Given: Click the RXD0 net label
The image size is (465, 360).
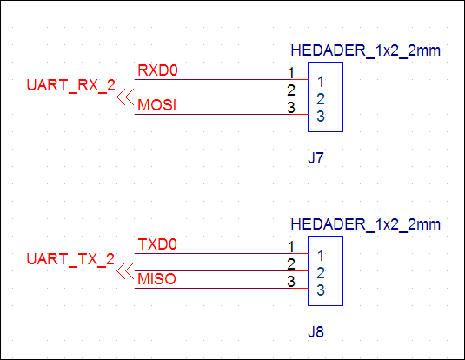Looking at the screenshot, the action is pyautogui.click(x=157, y=70).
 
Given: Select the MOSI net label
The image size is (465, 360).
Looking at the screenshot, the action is pyautogui.click(x=156, y=105).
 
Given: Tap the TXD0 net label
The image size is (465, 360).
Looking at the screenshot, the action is pyautogui.click(x=157, y=244).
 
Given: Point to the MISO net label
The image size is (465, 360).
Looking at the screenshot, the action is pyautogui.click(x=156, y=279).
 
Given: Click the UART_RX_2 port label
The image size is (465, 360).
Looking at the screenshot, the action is pyautogui.click(x=71, y=86).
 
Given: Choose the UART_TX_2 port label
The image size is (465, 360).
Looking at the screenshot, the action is pyautogui.click(x=70, y=259).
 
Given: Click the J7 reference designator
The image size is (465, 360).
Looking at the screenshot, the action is pyautogui.click(x=316, y=158).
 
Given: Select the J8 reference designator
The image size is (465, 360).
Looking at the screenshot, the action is pyautogui.click(x=316, y=332).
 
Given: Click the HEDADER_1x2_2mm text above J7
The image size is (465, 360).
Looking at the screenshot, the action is pyautogui.click(x=365, y=50).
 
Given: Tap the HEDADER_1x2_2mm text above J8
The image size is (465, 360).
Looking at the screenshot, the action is pyautogui.click(x=365, y=224).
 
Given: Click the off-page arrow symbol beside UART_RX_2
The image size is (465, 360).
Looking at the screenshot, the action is pyautogui.click(x=125, y=97).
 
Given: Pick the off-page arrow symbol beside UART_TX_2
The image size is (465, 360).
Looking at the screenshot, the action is pyautogui.click(x=125, y=271).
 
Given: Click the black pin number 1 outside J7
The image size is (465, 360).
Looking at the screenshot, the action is pyautogui.click(x=291, y=73).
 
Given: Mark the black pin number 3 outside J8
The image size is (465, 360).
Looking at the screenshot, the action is pyautogui.click(x=291, y=282).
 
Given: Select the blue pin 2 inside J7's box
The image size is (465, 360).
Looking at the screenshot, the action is pyautogui.click(x=321, y=99).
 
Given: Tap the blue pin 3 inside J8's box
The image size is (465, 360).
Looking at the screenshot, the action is pyautogui.click(x=321, y=290).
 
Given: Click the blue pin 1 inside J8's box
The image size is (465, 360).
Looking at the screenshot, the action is pyautogui.click(x=321, y=256).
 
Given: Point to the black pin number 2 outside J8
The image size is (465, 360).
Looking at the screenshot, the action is pyautogui.click(x=291, y=264).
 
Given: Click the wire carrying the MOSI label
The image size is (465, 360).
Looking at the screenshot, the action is pyautogui.click(x=222, y=114).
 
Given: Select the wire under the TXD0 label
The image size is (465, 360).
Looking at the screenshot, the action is pyautogui.click(x=222, y=253).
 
